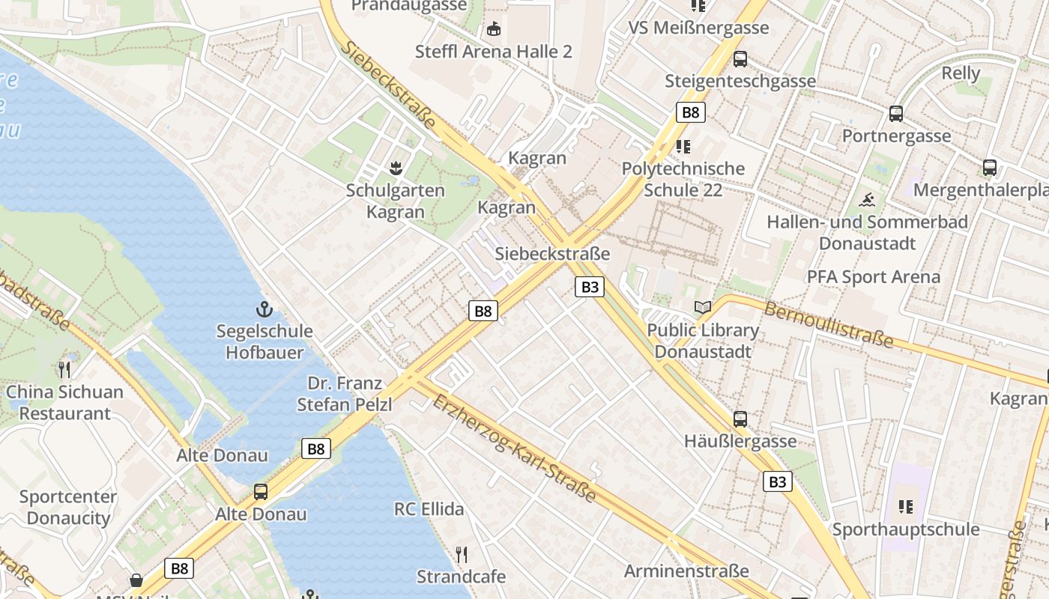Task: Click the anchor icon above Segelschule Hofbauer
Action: click(x=264, y=309)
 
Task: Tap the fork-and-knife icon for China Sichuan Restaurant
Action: click(x=64, y=369)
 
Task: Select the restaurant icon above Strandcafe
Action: click(x=462, y=555)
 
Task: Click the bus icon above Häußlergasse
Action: click(x=740, y=419)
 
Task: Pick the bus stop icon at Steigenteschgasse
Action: click(x=740, y=58)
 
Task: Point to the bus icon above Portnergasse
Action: click(x=896, y=114)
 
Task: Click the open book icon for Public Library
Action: click(x=703, y=307)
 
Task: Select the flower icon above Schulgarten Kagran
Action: click(x=396, y=168)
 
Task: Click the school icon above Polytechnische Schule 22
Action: click(x=683, y=146)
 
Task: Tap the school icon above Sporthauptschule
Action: click(x=906, y=507)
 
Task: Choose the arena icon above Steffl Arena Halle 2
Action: click(x=493, y=29)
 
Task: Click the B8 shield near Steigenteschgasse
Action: click(x=691, y=113)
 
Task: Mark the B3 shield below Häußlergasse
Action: click(x=778, y=481)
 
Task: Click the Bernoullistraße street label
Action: click(x=828, y=325)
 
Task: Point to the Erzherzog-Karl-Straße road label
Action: click(x=514, y=448)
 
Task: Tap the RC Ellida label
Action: click(x=429, y=509)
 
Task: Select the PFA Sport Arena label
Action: click(x=873, y=277)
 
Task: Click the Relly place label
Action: click(x=961, y=73)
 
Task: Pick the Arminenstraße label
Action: click(x=686, y=571)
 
